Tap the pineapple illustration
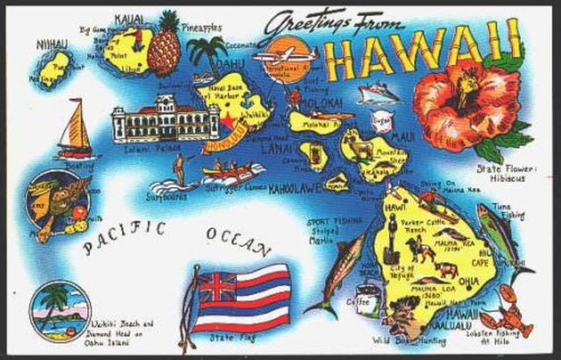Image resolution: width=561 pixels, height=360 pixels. coord(163,46)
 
